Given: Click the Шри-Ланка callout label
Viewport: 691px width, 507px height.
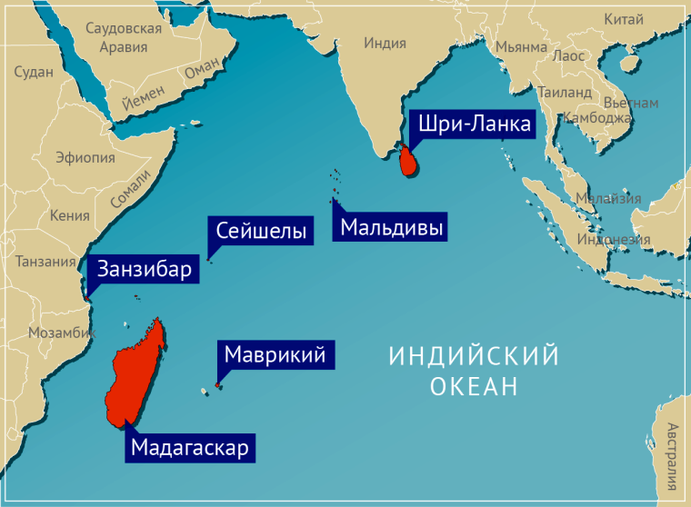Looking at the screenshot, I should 471,124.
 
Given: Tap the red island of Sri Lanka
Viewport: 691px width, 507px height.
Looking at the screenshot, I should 410,162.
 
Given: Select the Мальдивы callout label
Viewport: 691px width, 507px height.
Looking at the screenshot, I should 392,228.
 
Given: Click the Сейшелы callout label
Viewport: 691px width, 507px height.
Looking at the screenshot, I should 260,232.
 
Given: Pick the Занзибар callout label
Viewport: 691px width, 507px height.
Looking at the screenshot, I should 145,269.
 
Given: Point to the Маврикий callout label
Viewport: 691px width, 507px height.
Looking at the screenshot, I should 275,354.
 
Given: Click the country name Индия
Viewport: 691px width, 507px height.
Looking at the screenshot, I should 385,43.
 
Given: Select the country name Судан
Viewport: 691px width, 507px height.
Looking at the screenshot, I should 34,72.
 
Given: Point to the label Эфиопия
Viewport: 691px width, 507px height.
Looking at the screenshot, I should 85,158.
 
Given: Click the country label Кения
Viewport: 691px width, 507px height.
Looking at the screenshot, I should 70,215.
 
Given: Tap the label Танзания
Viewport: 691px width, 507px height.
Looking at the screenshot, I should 46,262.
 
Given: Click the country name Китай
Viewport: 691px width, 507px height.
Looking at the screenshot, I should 625,19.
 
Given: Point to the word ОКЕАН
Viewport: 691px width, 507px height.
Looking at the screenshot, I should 473,387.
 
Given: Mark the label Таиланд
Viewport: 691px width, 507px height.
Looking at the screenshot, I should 565,92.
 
